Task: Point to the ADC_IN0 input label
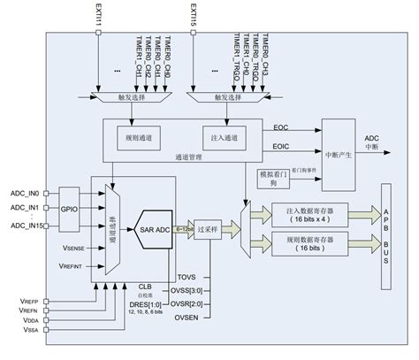click(x=24, y=192)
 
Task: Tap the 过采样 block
click(x=210, y=226)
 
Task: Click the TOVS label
click(x=187, y=277)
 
